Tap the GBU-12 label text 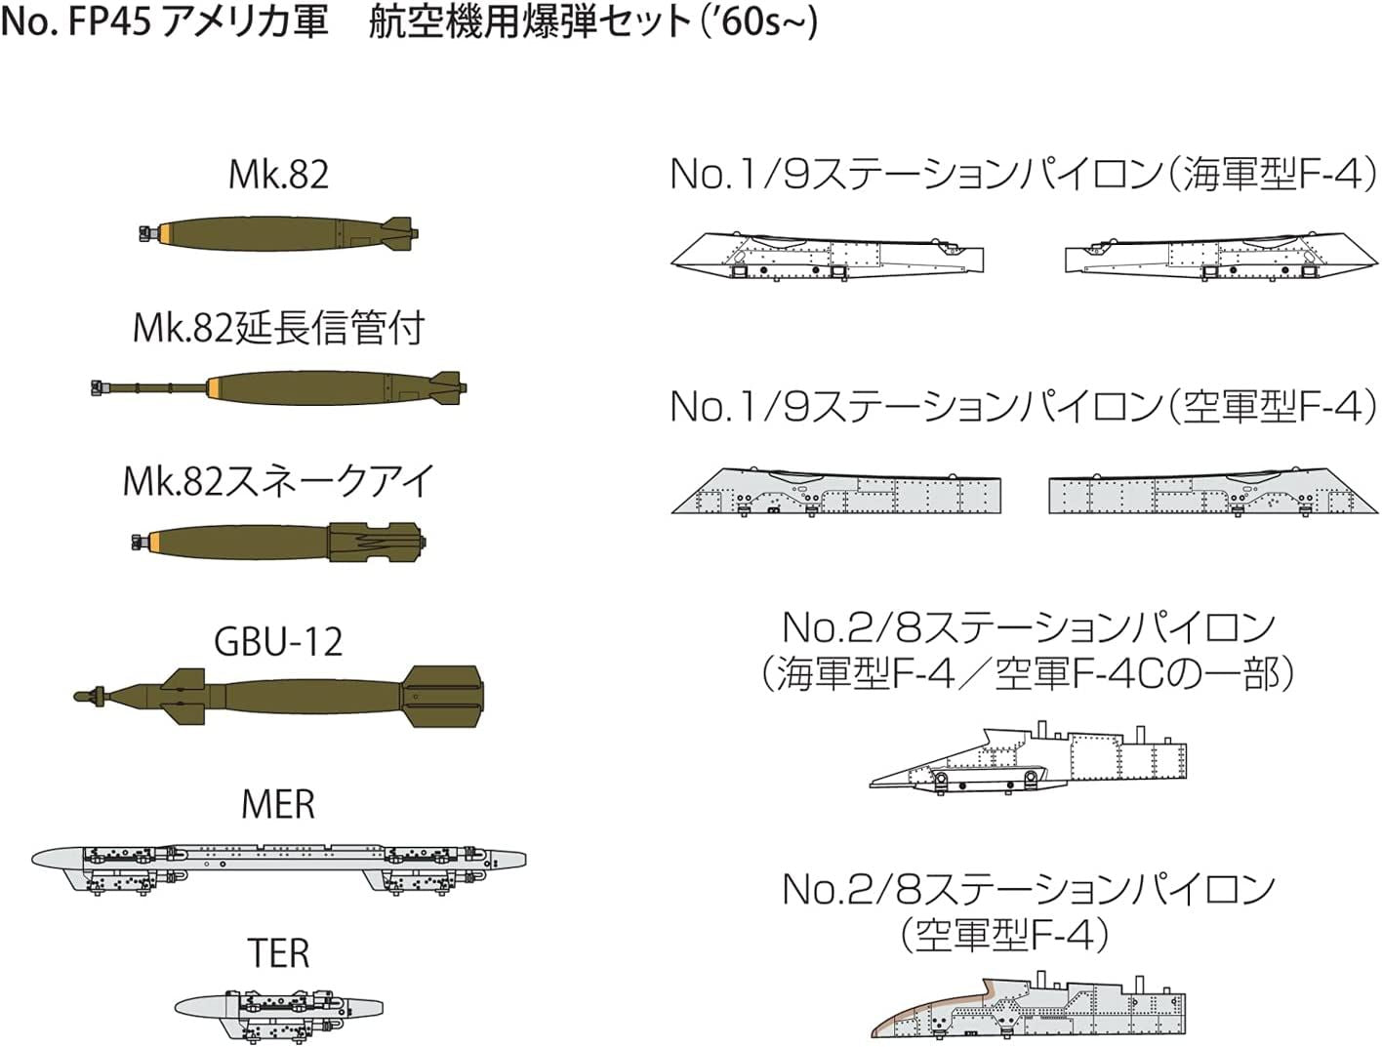(x=278, y=642)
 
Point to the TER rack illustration (x=278, y=1008)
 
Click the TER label (x=278, y=953)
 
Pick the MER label (x=278, y=805)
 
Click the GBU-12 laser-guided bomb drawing (x=278, y=696)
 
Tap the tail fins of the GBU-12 (x=444, y=696)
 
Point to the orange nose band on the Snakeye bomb (x=155, y=542)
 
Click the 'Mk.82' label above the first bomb (x=278, y=175)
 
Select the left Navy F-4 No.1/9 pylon (x=828, y=256)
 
